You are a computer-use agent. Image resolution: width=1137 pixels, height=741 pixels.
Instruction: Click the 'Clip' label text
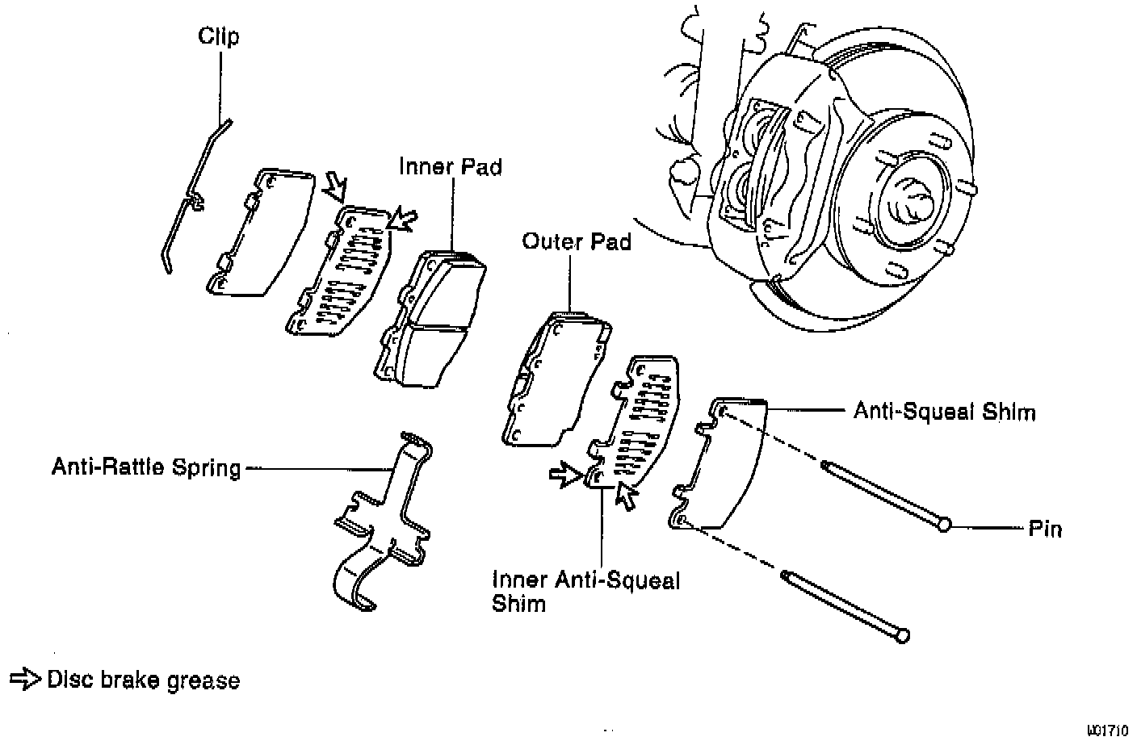point(219,36)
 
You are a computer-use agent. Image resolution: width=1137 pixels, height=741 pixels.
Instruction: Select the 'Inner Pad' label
point(450,167)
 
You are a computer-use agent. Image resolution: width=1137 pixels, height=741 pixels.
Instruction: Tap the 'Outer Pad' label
point(576,241)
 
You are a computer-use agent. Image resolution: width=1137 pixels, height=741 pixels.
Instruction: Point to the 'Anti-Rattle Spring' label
point(146,467)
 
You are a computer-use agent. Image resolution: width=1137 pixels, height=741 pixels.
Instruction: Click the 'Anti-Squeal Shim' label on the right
point(944,412)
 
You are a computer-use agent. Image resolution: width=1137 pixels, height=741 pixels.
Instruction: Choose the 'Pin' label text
point(1045,530)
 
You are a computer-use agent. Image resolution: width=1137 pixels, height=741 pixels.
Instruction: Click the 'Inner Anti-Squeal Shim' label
point(586,592)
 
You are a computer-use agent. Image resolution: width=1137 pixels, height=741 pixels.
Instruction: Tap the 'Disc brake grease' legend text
point(143,680)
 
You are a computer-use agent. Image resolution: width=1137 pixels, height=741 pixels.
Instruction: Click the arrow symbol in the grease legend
point(25,680)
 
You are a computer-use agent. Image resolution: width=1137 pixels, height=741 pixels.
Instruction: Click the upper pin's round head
point(943,525)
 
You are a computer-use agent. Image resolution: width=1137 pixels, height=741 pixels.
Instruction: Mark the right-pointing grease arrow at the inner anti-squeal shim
point(565,475)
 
